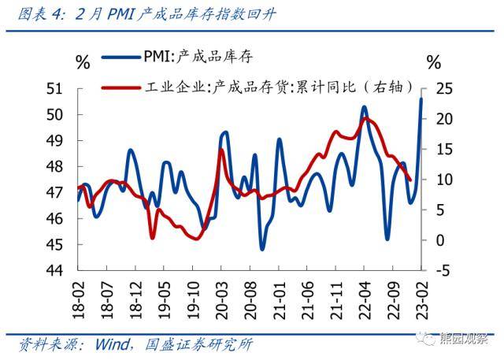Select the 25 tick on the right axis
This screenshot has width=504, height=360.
pos(443,89)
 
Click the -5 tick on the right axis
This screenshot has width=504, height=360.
pos(443,270)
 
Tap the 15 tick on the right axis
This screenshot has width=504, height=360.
pos(443,150)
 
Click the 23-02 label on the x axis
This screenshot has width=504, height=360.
pos(424,299)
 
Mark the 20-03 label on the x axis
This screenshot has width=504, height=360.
pos(222,299)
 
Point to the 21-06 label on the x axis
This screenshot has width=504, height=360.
pos(308,299)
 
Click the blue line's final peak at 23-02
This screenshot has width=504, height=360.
pos(421,98)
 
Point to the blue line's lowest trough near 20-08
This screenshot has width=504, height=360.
pos(262,248)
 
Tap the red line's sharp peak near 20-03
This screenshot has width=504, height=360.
pos(221,150)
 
